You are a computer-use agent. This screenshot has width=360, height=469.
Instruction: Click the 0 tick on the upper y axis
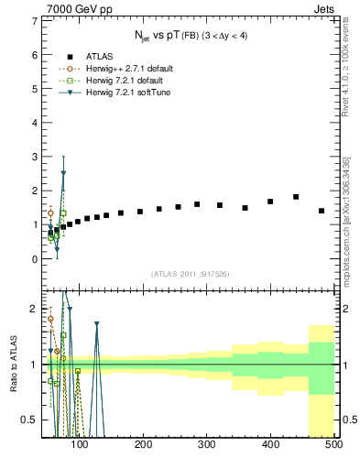pyautogui.click(x=34, y=259)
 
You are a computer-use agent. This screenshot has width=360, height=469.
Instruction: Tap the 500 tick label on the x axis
pyautogui.click(x=333, y=446)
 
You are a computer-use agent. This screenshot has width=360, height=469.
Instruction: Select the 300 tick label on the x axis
pyautogui.click(x=206, y=446)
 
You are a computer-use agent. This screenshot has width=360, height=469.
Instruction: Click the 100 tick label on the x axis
pyautogui.click(x=80, y=446)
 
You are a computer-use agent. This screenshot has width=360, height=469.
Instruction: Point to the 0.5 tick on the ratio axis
pyautogui.click(x=29, y=420)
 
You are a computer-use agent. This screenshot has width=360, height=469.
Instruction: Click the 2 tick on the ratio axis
pyautogui.click(x=34, y=309)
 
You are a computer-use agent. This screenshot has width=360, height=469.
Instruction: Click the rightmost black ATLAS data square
pyautogui.click(x=322, y=211)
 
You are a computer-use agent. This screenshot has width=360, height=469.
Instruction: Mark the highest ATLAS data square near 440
pyautogui.click(x=296, y=197)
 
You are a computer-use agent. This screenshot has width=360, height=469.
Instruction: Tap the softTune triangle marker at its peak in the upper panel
pyautogui.click(x=63, y=173)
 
